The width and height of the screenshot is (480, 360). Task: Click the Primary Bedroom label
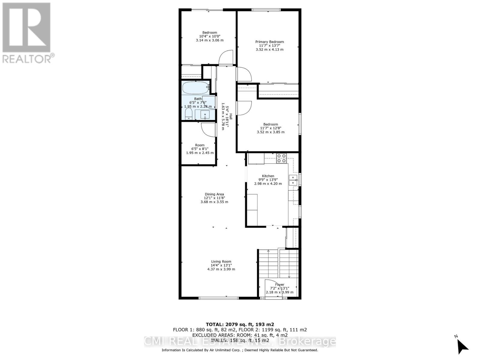pos(269,42)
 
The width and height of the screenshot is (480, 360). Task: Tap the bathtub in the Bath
pos(195,88)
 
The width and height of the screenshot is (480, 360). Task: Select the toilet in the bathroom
pos(188,114)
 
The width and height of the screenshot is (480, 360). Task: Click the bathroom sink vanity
pos(205,115)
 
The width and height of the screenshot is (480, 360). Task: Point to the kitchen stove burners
pos(281,158)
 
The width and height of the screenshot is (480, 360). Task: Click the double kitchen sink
pos(293,180)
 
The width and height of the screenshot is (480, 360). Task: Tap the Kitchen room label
pos(268,176)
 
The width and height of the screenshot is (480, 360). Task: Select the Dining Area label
pos(214,194)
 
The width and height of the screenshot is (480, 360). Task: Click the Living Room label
pos(221,261)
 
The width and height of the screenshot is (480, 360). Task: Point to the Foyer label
pos(280,284)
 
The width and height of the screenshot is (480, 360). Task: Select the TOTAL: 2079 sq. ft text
pos(240,324)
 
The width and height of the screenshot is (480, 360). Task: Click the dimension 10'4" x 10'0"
pos(209,36)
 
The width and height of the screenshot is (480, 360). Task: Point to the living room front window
pos(218,298)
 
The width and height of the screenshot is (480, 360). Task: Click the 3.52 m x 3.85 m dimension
pos(271,132)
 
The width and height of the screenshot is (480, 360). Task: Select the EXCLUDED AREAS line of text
pos(240,335)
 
